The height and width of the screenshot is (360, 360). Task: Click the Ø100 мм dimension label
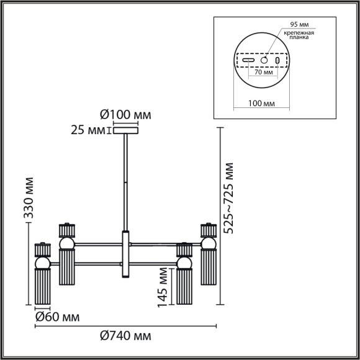[125, 115]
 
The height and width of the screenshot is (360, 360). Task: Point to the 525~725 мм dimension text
[230, 197]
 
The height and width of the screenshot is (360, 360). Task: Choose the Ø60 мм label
[56, 317]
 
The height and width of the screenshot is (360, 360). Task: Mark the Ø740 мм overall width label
[125, 336]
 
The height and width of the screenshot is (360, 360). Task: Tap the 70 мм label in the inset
[263, 72]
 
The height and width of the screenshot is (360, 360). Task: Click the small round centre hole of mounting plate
[263, 61]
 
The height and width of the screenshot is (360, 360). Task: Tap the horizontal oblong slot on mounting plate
[248, 61]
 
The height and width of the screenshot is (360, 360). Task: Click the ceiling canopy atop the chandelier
[126, 131]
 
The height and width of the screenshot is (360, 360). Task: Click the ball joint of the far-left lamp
[42, 264]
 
